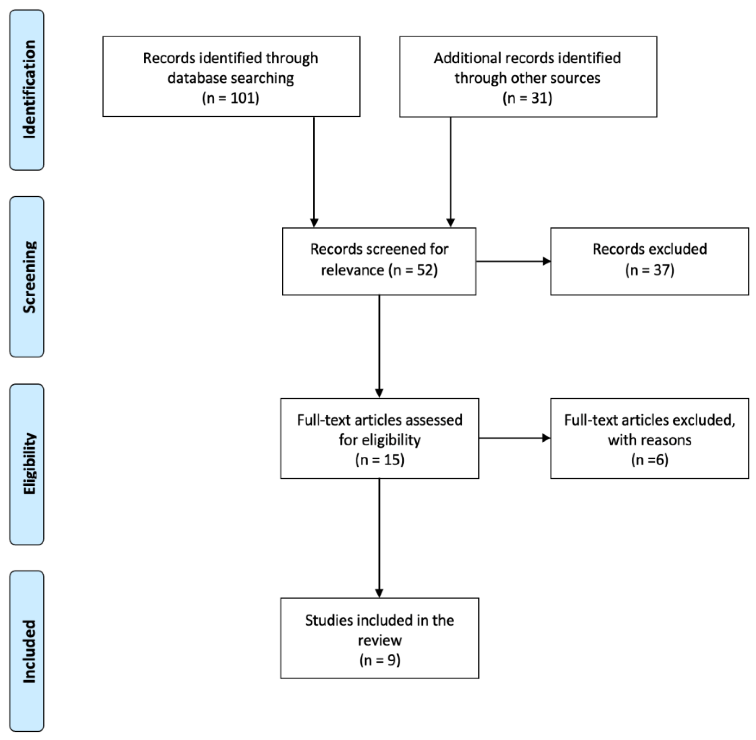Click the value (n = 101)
pos(231,98)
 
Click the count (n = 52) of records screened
pos(413,270)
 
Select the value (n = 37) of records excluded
pos(649,270)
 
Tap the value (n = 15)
pos(379,460)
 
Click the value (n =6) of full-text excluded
pos(649,460)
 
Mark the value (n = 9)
pos(379,660)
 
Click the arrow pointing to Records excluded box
pos(513,261)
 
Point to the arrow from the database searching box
pos(314,171)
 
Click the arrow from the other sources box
pos(451,171)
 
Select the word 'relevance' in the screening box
pos(352,270)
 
